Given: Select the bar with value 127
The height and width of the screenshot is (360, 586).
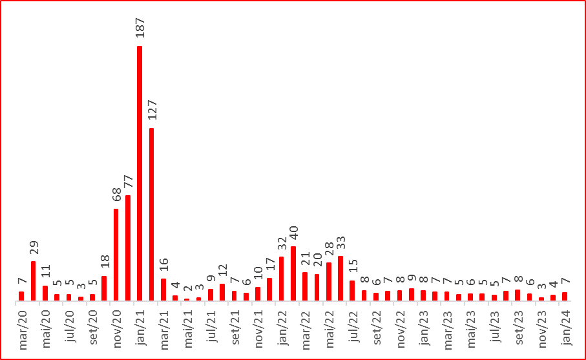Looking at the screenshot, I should [151, 214].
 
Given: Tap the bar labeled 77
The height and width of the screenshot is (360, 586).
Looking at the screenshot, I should [128, 248].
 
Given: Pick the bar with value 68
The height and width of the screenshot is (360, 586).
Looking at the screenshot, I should [116, 255].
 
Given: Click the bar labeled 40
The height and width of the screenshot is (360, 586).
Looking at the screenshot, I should [293, 273].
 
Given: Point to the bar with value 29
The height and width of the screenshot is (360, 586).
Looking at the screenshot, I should [34, 281].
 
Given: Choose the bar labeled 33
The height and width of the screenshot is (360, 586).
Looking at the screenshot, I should [340, 279].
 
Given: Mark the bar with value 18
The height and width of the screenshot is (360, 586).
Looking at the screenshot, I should [104, 288].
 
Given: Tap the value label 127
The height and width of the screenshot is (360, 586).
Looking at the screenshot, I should [152, 110].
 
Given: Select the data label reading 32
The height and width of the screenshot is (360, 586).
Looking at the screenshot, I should [282, 243].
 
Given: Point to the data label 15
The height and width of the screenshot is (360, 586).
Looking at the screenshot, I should [353, 266].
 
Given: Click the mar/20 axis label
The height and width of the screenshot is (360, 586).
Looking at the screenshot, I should [23, 330].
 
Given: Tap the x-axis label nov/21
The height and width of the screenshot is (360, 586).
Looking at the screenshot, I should [259, 330].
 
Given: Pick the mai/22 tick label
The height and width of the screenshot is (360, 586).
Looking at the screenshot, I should [330, 329].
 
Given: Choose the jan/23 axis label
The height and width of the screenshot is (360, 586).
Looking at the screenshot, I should [424, 329].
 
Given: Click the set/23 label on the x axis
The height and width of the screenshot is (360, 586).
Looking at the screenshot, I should [518, 329].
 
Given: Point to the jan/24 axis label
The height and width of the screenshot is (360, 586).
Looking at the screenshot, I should [565, 329].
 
